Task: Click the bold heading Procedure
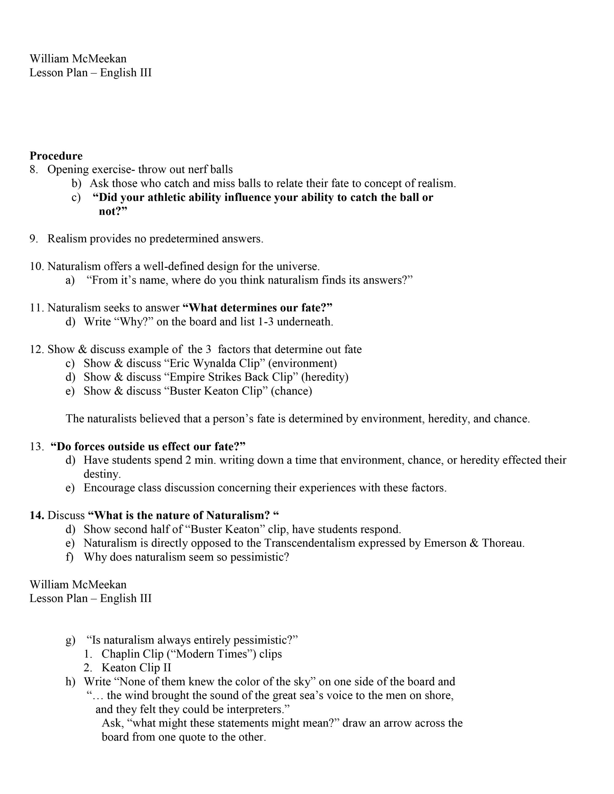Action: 56,156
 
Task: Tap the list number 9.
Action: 33,239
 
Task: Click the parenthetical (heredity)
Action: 324,377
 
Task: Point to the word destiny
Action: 102,474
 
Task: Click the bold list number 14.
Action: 37,515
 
